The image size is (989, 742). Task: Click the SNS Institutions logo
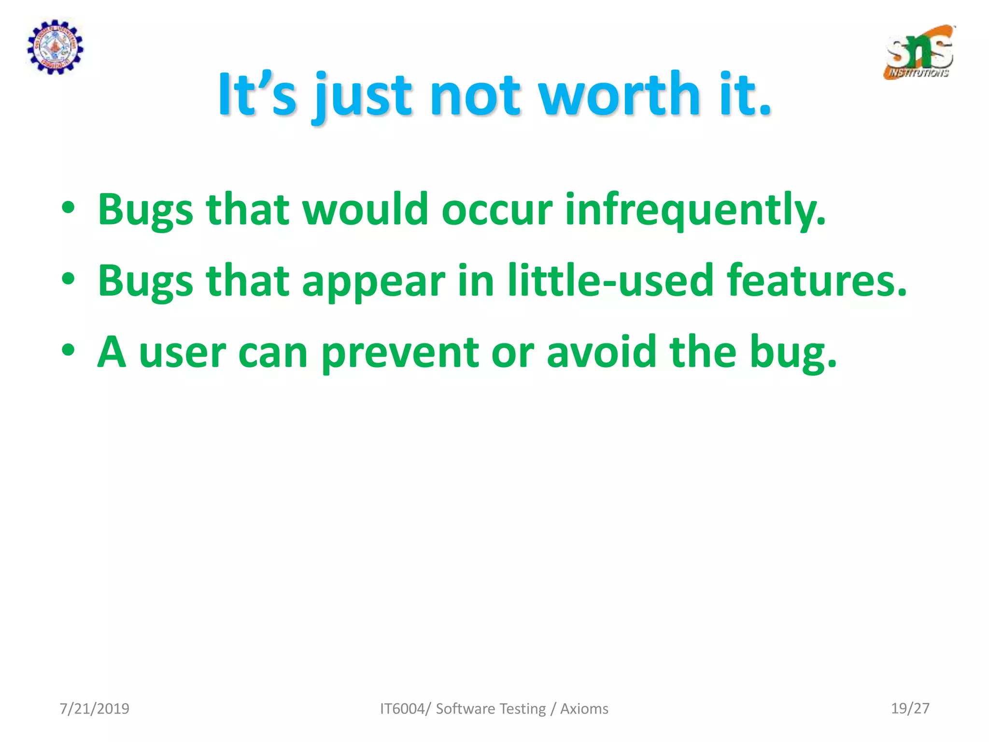(x=919, y=53)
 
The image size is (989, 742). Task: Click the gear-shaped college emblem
(x=55, y=47)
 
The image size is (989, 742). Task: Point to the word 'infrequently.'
(x=695, y=210)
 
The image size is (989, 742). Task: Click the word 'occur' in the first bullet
(x=496, y=210)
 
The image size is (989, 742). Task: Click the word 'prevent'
(x=400, y=353)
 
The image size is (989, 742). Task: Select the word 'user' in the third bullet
(x=182, y=353)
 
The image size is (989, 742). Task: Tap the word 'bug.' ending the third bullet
(x=792, y=353)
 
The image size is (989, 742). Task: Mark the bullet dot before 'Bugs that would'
(x=69, y=208)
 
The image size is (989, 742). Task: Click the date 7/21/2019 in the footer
(x=94, y=709)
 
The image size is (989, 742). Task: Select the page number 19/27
(x=910, y=708)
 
